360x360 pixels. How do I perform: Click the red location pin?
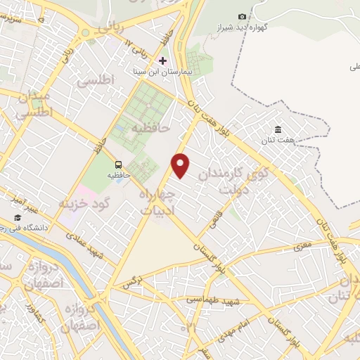tap(181, 165)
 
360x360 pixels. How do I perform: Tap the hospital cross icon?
tap(163, 60)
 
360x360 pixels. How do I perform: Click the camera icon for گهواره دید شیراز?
tap(243, 16)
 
